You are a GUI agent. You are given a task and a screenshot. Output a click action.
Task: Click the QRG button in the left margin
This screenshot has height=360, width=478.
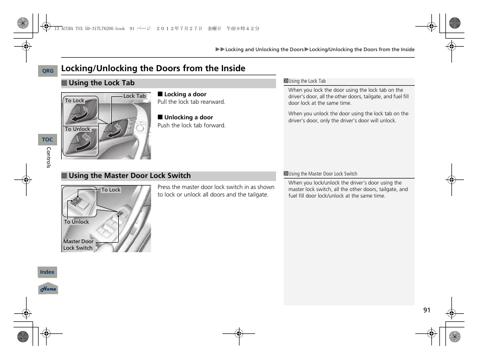click(48, 71)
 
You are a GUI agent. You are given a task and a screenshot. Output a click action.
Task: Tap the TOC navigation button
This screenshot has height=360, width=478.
click(48, 140)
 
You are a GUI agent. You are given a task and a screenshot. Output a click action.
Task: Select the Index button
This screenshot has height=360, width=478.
click(48, 272)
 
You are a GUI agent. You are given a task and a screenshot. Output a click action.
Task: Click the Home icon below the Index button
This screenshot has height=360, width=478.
click(48, 289)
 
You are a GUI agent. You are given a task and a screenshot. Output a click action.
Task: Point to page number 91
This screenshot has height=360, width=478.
click(426, 310)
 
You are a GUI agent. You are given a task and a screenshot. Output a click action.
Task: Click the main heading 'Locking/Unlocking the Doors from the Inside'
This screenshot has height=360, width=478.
click(153, 68)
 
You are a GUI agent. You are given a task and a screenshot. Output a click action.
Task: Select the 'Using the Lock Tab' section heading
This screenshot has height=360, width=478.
click(102, 83)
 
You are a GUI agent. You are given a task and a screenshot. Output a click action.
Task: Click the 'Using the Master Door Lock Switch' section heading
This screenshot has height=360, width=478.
click(130, 175)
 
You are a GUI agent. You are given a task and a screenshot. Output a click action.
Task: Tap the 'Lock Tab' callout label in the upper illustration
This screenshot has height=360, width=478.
click(134, 96)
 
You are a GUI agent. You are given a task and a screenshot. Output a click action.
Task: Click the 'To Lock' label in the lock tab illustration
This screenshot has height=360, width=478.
click(75, 101)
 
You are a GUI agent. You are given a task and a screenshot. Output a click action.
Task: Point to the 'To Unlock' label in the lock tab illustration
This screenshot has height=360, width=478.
click(77, 129)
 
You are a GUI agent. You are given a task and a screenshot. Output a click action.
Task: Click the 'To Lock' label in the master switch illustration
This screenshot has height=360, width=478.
click(111, 190)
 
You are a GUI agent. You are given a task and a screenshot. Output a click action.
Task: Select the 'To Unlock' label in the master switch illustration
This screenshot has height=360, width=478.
click(76, 222)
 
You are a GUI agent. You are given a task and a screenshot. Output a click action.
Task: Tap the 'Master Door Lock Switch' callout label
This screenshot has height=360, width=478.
click(78, 245)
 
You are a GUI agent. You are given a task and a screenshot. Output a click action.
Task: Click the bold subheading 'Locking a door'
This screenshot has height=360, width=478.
click(185, 94)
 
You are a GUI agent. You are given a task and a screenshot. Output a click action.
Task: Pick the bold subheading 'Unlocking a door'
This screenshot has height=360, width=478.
click(188, 117)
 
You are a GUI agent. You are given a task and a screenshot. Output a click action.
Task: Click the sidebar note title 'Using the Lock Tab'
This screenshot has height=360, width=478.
click(307, 81)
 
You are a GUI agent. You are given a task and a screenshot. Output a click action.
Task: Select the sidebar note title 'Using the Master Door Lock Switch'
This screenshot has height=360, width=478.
click(323, 174)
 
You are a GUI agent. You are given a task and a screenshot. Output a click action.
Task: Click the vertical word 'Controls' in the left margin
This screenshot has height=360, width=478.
click(49, 157)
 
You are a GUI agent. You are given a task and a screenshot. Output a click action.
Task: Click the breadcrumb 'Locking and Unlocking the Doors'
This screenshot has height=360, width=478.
click(264, 50)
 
